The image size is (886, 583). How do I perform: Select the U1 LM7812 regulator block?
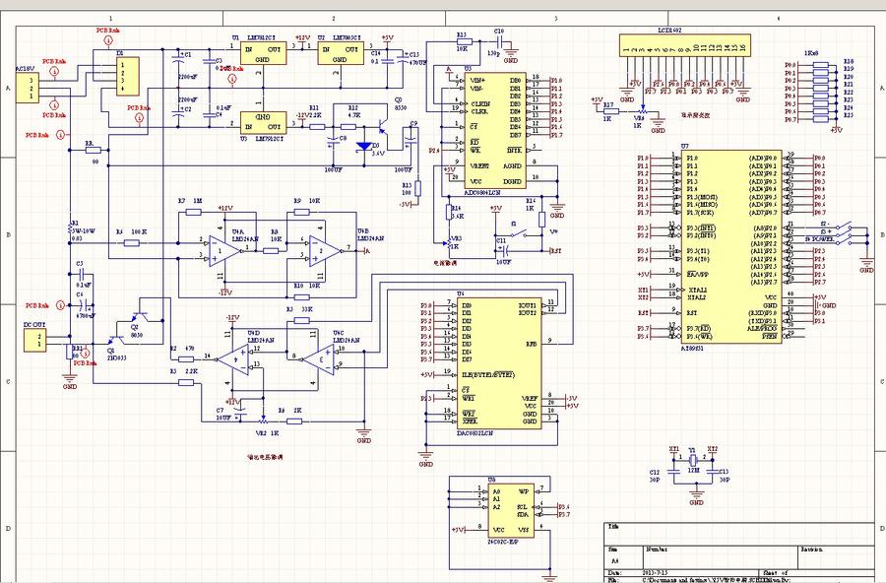tap(262, 54)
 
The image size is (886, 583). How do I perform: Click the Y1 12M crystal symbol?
tap(693, 472)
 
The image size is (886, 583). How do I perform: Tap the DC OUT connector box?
tap(33, 341)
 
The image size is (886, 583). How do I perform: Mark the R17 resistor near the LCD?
tap(610, 111)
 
